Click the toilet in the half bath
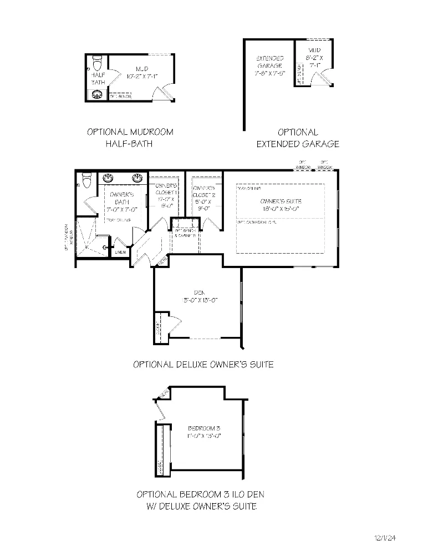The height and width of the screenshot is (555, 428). [x=97, y=60]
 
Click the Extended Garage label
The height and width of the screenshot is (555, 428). [x=269, y=65]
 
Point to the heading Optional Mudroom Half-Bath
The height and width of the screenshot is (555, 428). [x=130, y=138]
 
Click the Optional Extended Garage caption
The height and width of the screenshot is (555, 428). [x=298, y=138]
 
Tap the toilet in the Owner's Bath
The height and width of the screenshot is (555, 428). [x=86, y=181]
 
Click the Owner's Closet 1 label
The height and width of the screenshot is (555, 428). [x=166, y=195]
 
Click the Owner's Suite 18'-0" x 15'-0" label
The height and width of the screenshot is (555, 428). [x=280, y=205]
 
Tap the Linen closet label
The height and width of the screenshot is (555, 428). [x=120, y=253]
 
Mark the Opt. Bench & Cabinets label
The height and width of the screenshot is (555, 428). [x=185, y=233]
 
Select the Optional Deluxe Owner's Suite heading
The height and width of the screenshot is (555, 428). [x=203, y=365]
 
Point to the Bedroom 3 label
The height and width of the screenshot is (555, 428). [x=204, y=432]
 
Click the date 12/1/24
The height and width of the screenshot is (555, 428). [x=385, y=538]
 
